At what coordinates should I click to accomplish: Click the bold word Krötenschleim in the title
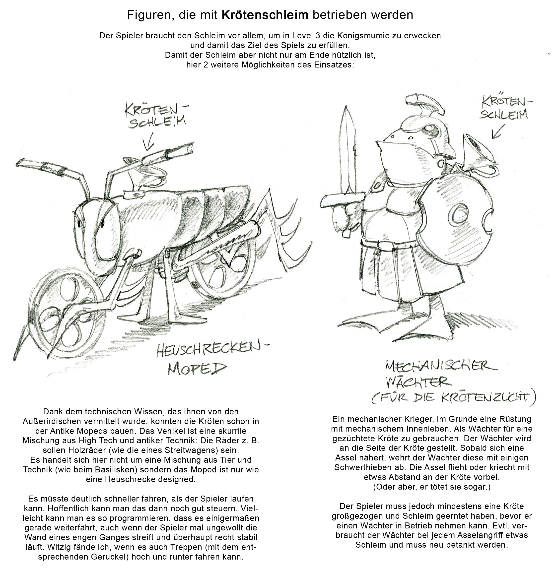click(265, 15)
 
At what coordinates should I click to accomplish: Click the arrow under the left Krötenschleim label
click(148, 144)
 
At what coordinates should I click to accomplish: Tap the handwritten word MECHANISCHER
click(440, 367)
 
